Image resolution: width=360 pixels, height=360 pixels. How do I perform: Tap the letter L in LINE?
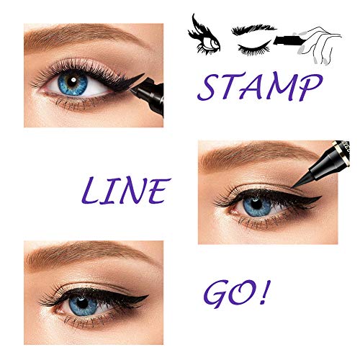click(x=91, y=192)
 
